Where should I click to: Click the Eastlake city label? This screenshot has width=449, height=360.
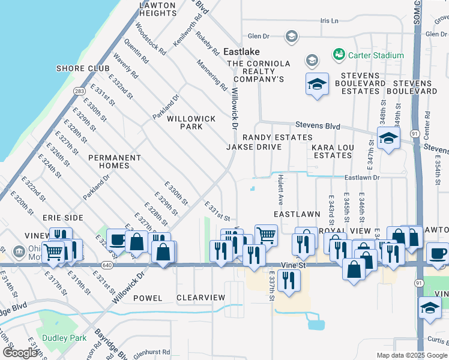point(241,52)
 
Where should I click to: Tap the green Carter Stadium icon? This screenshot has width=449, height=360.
point(339,55)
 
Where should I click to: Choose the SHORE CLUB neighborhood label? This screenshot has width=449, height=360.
point(83,68)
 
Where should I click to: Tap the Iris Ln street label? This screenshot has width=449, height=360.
point(330,20)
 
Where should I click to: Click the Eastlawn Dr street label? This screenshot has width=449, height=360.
point(362,178)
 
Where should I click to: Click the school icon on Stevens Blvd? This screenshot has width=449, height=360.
point(388,140)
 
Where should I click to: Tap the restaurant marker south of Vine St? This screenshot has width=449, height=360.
point(290,281)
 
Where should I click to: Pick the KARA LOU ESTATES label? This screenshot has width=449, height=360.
point(332,151)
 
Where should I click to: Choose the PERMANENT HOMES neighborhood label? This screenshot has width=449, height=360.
point(115,161)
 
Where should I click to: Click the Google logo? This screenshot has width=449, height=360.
point(20,353)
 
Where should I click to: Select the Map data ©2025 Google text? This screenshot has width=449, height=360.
point(411,355)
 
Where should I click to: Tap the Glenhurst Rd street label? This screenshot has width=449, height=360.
point(152,353)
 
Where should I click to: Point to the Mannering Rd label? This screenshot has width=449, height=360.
point(212,74)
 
